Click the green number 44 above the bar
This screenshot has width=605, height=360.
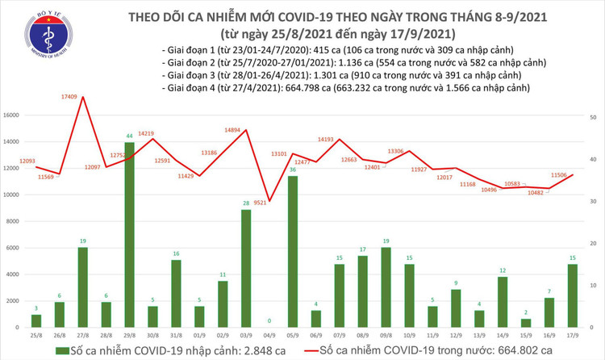click(129, 136)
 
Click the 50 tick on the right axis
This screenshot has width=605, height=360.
click(593, 118)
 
